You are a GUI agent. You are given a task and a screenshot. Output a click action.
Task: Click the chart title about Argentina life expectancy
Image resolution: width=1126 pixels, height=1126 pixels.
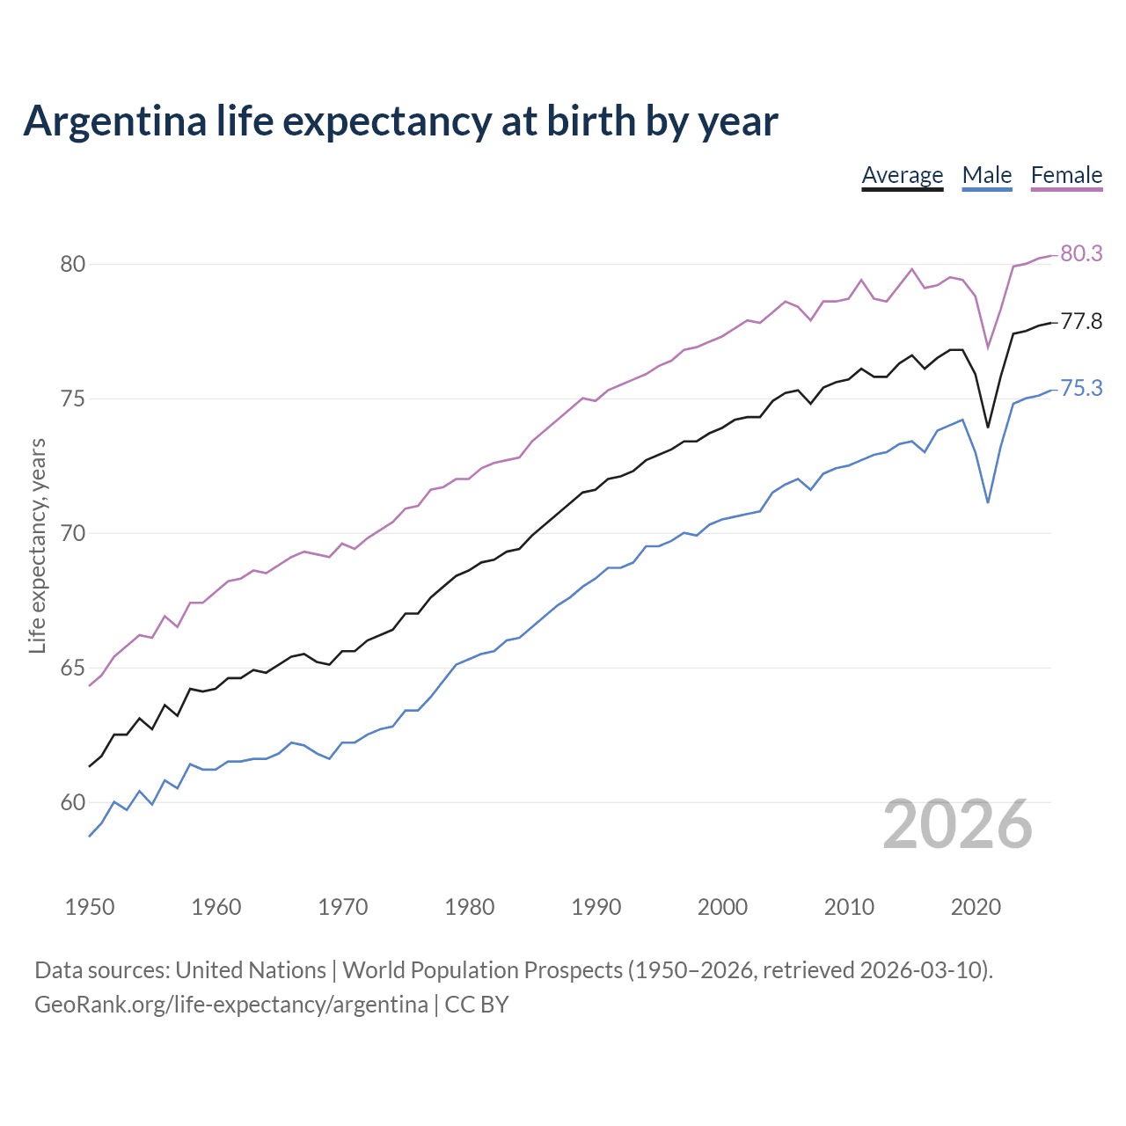pos(400,121)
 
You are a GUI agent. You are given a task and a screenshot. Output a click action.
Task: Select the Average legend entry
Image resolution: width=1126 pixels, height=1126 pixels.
pos(902,175)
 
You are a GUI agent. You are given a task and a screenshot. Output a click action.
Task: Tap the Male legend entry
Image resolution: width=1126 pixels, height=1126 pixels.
pos(987,175)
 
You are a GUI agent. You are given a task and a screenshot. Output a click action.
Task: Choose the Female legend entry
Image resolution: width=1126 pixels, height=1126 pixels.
pos(1066,175)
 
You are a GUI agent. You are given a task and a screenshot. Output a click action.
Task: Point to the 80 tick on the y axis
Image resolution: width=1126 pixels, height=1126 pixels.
pos(72,264)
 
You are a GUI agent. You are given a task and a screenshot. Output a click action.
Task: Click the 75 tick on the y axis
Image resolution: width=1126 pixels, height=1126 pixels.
pos(72,398)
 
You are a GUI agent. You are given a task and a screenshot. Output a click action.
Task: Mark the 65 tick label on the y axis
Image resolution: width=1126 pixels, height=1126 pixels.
pos(72,668)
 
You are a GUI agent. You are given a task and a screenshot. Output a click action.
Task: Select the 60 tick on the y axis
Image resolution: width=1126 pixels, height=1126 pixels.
pos(72,802)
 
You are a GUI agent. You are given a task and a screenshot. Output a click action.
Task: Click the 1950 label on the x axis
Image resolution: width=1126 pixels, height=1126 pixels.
pos(90,907)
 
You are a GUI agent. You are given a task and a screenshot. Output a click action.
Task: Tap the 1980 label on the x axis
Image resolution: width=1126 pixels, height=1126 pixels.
pos(469,907)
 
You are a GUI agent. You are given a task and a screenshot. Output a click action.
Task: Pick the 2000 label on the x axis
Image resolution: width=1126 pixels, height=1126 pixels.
pos(722,907)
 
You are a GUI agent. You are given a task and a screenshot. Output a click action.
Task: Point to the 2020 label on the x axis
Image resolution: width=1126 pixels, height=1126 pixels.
pos(976,907)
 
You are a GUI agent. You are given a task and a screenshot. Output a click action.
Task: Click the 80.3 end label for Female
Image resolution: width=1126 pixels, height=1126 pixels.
pos(1081,253)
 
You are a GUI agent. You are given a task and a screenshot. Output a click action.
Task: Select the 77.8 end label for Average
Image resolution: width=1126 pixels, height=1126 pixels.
pos(1081,321)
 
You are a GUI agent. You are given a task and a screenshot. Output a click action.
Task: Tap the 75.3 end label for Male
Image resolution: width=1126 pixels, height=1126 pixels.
pos(1081,388)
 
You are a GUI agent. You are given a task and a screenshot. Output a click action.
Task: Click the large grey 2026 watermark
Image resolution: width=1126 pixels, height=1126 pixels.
pos(957,824)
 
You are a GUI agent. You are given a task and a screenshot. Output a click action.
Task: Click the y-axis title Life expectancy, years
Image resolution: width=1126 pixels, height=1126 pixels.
pos(38,545)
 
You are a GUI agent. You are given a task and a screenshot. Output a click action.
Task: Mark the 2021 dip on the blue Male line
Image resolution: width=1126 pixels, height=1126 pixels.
pos(988,502)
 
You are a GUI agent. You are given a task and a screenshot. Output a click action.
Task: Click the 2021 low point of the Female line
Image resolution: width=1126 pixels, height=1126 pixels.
pos(988,347)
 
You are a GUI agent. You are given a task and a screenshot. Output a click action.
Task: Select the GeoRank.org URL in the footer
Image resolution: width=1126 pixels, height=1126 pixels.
pos(231,1004)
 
